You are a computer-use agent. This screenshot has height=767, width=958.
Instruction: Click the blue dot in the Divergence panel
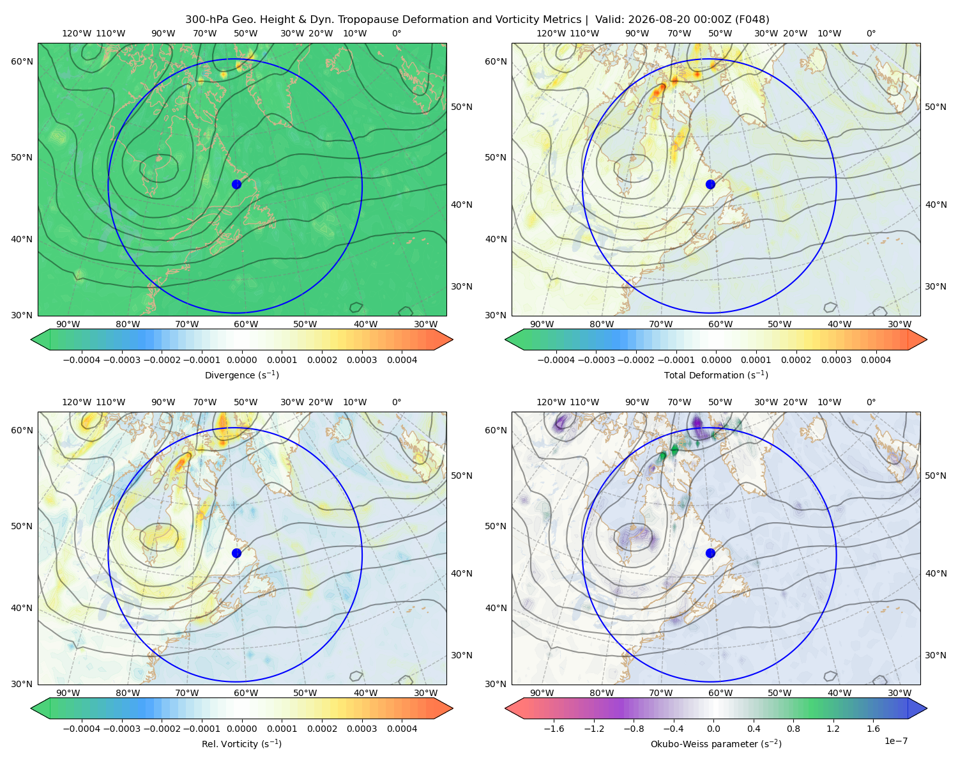(x=236, y=184)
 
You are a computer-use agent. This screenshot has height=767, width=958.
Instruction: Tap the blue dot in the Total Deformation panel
(x=710, y=184)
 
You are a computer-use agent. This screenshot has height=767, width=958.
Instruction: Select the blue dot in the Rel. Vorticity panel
(x=236, y=553)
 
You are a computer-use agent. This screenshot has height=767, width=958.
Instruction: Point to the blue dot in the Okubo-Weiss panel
(x=710, y=553)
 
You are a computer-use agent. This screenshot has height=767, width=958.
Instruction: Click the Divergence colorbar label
(x=241, y=375)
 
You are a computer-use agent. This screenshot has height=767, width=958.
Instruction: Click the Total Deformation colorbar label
(x=716, y=375)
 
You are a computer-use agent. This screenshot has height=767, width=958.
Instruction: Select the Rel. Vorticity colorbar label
(x=241, y=743)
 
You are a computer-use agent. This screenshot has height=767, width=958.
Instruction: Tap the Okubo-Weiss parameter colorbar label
(x=716, y=743)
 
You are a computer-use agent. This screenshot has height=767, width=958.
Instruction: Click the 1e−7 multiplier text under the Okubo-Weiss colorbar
(x=895, y=741)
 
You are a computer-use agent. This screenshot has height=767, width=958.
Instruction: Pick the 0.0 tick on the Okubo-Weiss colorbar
(x=713, y=729)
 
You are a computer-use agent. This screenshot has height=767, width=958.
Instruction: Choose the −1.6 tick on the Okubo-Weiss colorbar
(x=554, y=729)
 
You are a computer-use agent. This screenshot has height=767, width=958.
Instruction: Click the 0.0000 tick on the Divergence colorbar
(x=241, y=360)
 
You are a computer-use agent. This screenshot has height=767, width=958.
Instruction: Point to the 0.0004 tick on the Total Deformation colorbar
(x=876, y=360)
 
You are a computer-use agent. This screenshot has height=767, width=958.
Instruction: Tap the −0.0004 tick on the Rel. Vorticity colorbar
(x=82, y=729)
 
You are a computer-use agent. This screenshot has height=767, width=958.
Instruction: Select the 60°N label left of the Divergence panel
(x=22, y=61)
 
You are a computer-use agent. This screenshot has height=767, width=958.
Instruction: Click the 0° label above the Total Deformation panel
(x=871, y=33)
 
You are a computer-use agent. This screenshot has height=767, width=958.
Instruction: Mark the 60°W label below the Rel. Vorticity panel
(x=246, y=693)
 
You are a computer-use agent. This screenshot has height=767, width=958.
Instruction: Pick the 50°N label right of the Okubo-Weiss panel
(x=935, y=476)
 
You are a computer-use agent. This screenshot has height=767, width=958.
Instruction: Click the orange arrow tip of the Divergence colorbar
(x=452, y=339)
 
